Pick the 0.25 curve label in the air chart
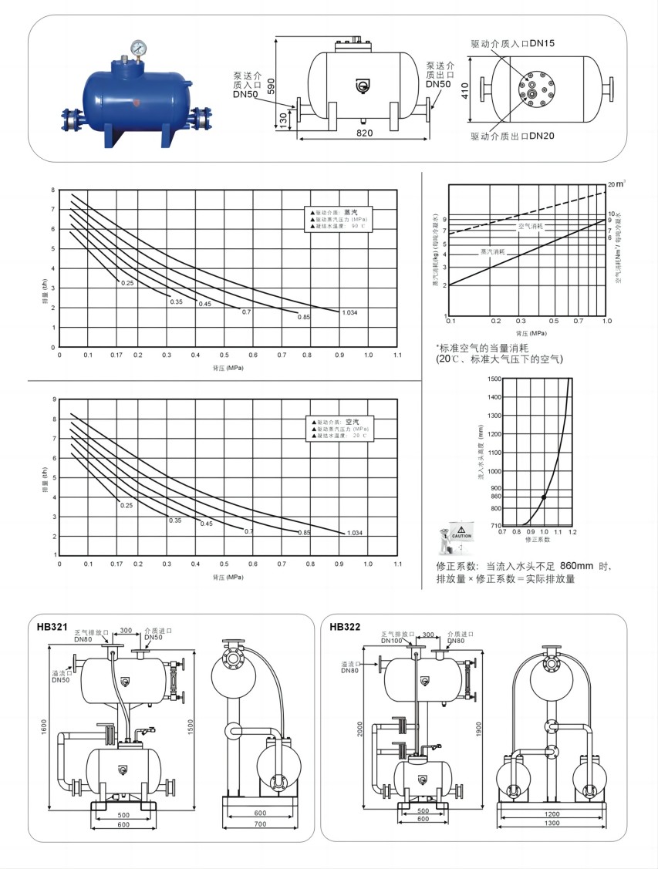point(127,505)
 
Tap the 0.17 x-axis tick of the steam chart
point(116,355)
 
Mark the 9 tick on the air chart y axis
point(53,399)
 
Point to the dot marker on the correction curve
point(544,497)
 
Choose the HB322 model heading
point(345,627)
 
